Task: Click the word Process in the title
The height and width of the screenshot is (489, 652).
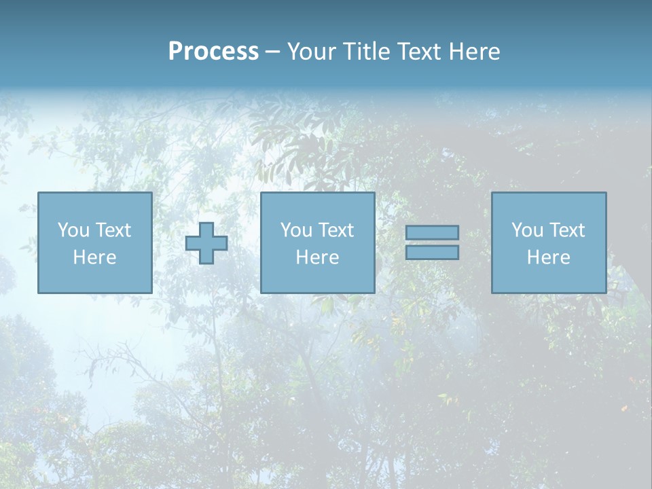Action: tap(213, 52)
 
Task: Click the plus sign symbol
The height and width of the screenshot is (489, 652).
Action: tap(206, 243)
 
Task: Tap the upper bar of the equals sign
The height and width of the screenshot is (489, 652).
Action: tap(432, 233)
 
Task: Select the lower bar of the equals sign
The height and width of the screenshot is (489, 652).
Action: tap(432, 253)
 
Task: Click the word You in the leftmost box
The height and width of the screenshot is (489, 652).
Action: tap(73, 230)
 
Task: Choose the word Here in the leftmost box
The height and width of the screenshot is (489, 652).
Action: tap(94, 257)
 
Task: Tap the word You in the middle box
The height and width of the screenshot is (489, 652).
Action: tap(295, 230)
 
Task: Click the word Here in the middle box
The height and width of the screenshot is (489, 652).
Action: tap(317, 257)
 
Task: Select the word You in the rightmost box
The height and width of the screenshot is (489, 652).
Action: tap(526, 230)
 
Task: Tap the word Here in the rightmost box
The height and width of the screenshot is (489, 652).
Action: tap(548, 257)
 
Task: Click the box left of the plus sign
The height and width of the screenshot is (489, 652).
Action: tap(94, 278)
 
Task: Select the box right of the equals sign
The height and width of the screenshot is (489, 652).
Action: tap(548, 278)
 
